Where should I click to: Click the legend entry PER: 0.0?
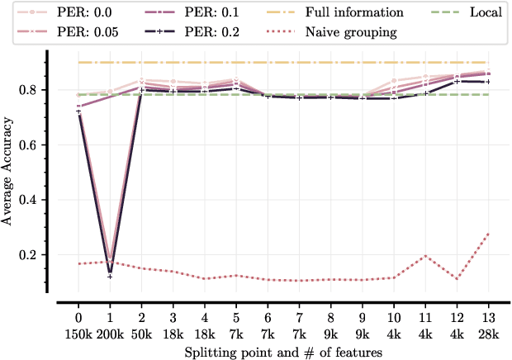point(57,13)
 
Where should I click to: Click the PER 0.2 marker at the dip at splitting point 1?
point(110,276)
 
